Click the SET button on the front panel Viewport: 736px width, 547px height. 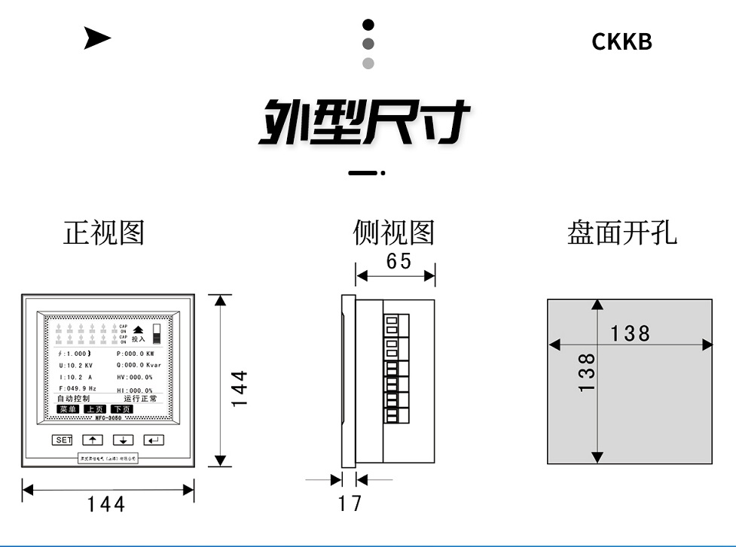62,440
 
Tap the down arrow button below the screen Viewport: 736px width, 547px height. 123,440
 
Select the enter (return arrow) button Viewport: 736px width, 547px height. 154,440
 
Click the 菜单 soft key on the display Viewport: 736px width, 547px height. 68,409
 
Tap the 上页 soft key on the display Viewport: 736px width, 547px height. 95,409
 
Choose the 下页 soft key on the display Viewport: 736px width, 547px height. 121,409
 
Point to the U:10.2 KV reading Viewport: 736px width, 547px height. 76,365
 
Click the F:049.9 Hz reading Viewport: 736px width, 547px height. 78,388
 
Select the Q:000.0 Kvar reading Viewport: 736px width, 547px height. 139,365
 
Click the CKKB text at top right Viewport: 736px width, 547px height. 621,41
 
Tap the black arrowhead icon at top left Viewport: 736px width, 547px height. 96,38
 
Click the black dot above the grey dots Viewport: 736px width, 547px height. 368,25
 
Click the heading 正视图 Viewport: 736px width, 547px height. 103,233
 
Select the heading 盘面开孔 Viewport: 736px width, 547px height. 621,233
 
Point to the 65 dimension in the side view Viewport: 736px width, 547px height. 399,261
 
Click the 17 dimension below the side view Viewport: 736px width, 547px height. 350,503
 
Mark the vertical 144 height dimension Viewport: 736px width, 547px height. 239,388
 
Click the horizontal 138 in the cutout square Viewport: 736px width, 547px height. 630,333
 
